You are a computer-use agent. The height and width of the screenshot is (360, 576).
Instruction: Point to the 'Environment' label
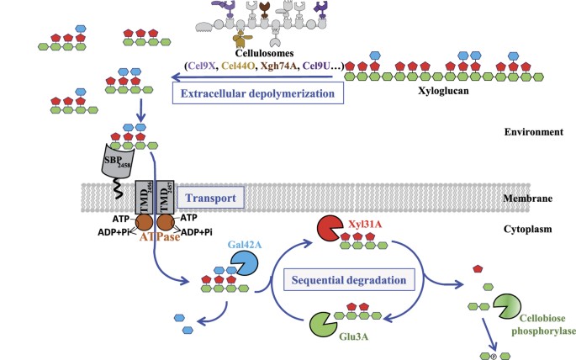(x=531, y=133)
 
